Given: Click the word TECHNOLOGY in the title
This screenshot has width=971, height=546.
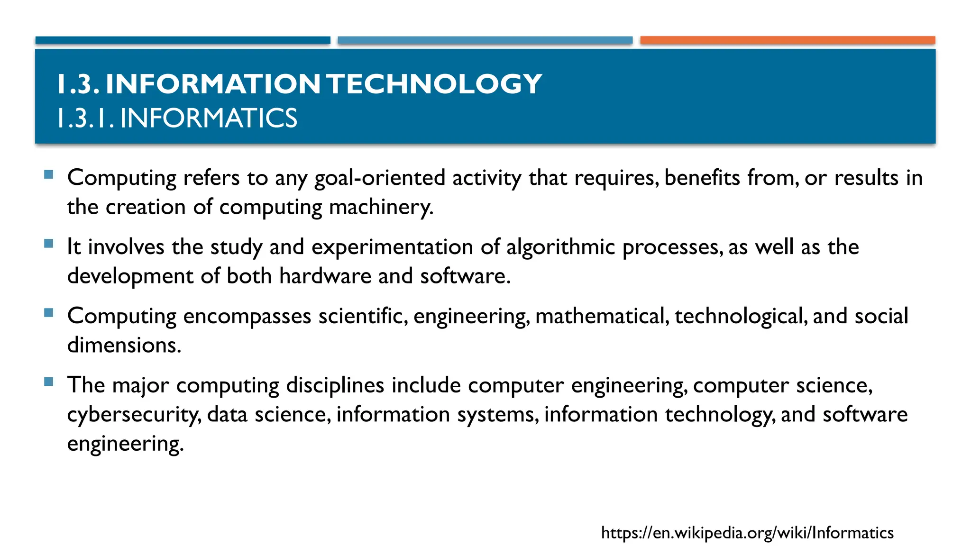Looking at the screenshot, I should (434, 84).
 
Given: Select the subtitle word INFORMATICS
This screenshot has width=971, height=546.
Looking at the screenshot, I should (209, 118).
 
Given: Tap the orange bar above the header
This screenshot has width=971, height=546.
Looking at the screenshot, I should (788, 40).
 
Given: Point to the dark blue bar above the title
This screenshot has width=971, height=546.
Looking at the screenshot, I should (183, 40).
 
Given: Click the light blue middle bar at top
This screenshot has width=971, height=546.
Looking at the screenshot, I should (485, 40).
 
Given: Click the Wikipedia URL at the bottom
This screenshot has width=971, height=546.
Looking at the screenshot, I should (747, 533).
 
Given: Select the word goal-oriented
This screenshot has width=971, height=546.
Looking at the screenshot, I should (379, 178).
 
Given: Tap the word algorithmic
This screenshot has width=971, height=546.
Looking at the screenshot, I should (560, 247).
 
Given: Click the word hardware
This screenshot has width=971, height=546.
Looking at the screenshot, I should (325, 276).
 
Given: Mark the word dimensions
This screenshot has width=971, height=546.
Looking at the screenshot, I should (124, 345).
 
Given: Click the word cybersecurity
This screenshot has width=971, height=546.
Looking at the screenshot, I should (134, 415).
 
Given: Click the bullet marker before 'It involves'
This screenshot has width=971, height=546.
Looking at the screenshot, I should (48, 244).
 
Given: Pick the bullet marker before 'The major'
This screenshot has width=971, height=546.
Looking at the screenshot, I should (48, 382).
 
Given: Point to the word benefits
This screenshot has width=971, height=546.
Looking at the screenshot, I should (702, 178).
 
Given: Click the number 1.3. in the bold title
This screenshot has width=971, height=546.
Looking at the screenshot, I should (77, 84).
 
